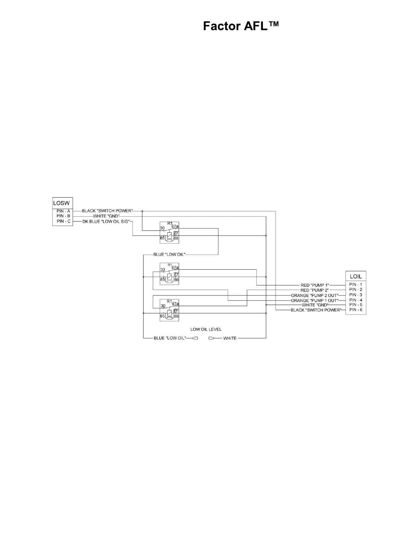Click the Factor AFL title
coord(241,26)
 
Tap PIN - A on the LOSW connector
coord(63,211)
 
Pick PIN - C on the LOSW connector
coord(63,221)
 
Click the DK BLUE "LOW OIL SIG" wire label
coord(105,222)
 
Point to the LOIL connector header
coord(356,276)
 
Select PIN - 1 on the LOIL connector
coord(356,285)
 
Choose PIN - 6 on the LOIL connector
coord(356,310)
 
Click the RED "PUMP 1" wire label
coord(315,285)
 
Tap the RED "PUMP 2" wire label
coord(315,290)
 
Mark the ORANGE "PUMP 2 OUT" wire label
coord(315,295)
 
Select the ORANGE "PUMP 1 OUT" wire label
coord(315,300)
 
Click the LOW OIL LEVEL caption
coord(206,329)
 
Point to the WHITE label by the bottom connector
coord(230,338)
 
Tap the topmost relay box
coord(169,233)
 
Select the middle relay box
coord(169,273)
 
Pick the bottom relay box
coord(169,310)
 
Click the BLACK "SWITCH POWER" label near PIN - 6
coord(316,310)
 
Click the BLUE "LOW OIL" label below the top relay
coord(169,255)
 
